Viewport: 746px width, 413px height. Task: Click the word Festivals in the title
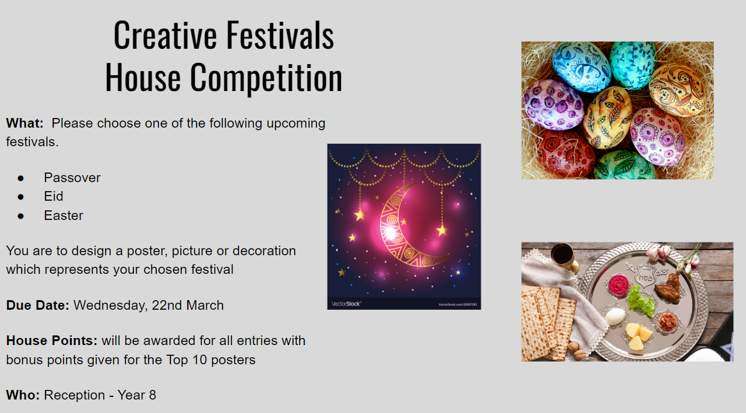click(279, 35)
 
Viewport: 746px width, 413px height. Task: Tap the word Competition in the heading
click(266, 78)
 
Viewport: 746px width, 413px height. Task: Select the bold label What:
click(25, 123)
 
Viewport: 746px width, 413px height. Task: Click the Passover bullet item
click(72, 178)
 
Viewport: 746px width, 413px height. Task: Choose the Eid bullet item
click(53, 196)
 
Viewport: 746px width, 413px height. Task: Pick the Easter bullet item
click(63, 215)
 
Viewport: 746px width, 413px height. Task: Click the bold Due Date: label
click(38, 305)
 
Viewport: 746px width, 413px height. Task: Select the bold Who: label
click(23, 396)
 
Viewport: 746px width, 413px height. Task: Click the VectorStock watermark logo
click(346, 303)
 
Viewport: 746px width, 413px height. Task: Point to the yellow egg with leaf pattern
click(607, 117)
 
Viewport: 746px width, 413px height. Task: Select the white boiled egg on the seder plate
click(615, 316)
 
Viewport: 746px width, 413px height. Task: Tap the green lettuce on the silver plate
click(640, 302)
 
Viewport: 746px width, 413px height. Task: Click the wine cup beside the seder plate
click(564, 257)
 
